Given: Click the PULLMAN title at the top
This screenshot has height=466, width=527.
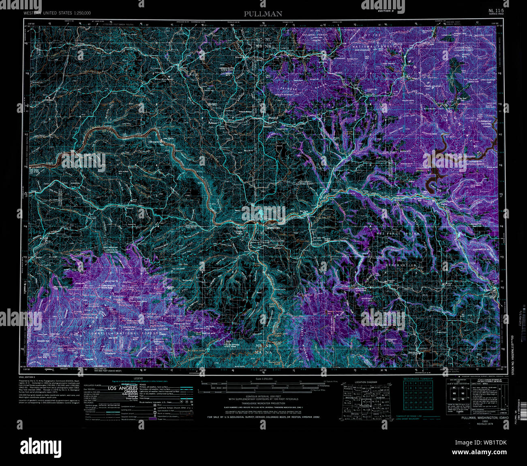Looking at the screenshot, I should pyautogui.click(x=263, y=14).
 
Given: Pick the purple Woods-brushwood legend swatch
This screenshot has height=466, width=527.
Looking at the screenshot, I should pyautogui.click(x=153, y=419).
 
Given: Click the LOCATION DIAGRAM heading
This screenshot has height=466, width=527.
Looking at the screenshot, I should pyautogui.click(x=366, y=382).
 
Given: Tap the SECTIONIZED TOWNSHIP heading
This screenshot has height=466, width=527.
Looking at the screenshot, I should pyautogui.click(x=418, y=379).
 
